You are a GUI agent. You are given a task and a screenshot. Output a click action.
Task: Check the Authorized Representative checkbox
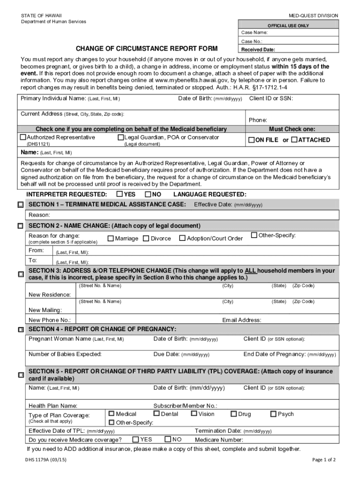pos(23,138)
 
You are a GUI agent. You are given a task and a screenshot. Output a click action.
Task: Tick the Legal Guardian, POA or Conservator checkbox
pos(121,138)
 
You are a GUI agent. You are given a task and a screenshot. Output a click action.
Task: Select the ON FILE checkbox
pos(251,140)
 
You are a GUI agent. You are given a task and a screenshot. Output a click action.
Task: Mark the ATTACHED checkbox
pos(294,140)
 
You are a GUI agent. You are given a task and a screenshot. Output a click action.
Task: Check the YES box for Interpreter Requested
pos(120,194)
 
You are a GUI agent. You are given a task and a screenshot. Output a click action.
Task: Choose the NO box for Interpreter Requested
pos(148,194)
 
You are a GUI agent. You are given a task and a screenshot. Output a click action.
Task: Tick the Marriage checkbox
pos(111,238)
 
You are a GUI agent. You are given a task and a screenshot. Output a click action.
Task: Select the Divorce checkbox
pos(146,238)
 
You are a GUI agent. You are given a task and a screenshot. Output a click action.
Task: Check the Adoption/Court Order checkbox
pos(182,238)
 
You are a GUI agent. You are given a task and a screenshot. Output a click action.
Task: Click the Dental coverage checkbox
pos(156,414)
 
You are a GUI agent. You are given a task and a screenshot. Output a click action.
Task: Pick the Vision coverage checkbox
pos(194,414)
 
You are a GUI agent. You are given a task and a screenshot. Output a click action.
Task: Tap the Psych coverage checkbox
pos(274,414)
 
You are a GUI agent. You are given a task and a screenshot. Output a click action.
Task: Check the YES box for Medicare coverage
pos(136,439)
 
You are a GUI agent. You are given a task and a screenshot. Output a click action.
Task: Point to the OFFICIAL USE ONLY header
pos(288,25)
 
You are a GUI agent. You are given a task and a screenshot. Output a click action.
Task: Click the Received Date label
pos(258,50)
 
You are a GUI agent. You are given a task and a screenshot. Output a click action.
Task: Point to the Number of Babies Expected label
pos(65,354)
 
